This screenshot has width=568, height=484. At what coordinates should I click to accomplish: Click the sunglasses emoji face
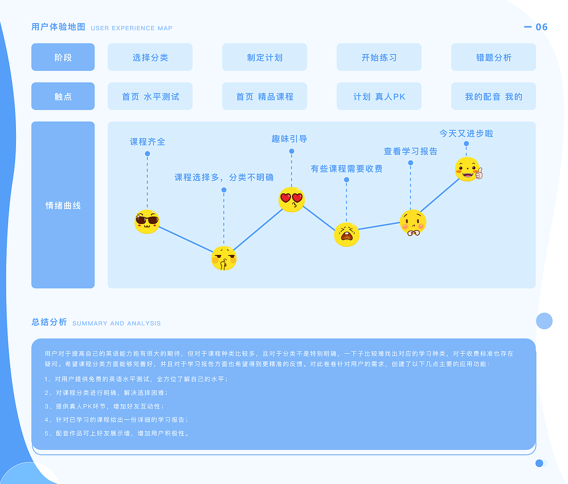coord(147,222)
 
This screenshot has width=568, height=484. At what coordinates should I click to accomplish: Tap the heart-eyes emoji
coord(292,200)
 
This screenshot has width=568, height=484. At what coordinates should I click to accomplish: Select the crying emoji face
coord(347,234)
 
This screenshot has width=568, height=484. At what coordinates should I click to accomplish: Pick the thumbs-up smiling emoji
coord(469,169)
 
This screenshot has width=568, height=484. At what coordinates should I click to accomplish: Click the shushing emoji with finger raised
coord(224,258)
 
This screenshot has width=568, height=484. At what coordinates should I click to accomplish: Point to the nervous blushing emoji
coord(413,223)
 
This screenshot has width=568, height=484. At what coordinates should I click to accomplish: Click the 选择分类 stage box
coord(150,57)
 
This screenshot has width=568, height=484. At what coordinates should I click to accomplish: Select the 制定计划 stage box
coord(264,57)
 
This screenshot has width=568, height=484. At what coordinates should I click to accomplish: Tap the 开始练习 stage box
coord(379,57)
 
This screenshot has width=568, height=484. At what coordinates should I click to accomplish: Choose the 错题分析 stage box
coord(493,57)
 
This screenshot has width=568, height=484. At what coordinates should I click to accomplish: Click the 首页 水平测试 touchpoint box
coord(150,96)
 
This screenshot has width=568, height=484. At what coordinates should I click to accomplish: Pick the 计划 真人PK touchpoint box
coord(379,96)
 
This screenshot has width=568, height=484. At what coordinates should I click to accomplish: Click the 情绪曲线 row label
coord(63,205)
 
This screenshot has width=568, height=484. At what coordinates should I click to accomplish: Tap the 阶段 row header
coord(63,57)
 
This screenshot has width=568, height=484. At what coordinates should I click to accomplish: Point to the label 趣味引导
coord(289,139)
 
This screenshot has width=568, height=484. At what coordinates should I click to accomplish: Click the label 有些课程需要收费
coord(347,169)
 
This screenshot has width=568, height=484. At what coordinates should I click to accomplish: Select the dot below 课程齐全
coord(147,153)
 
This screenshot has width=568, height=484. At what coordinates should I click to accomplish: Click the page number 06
coord(541,27)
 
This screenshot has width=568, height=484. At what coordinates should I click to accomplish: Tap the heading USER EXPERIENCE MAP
coord(131,28)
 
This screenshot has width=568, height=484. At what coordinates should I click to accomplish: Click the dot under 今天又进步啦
coord(466,144)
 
